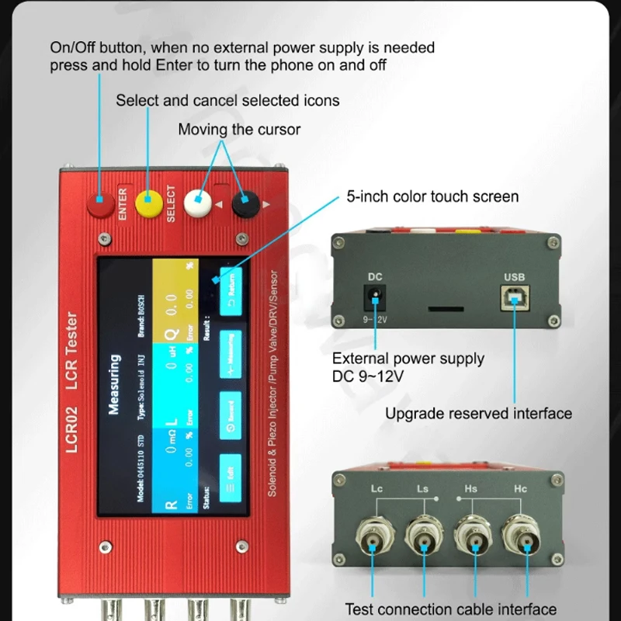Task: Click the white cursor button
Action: tap(198, 203)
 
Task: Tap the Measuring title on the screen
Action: tap(114, 384)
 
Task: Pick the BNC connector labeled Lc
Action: tap(374, 536)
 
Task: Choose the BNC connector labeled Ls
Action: tap(422, 536)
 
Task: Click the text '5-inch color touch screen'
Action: tap(432, 196)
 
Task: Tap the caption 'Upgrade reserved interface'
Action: tap(478, 413)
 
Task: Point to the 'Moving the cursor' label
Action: tap(239, 129)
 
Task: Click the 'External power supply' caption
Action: tap(408, 359)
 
